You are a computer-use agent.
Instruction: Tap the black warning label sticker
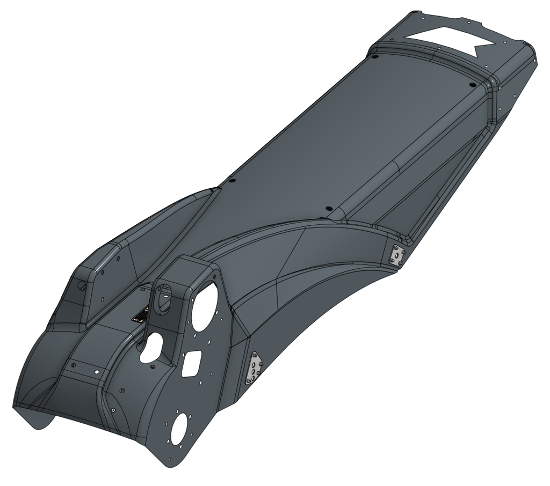point(143,314)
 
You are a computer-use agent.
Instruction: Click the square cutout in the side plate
point(192,364)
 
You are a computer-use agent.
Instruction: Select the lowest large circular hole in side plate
point(179,428)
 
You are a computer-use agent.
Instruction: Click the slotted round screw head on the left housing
point(82,285)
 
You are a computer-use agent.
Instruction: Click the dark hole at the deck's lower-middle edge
point(329,209)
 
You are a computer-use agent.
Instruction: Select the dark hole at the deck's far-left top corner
point(375,56)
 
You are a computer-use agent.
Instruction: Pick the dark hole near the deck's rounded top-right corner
point(472,85)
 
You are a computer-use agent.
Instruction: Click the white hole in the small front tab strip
point(97,371)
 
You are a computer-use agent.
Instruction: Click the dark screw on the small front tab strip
point(74,365)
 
